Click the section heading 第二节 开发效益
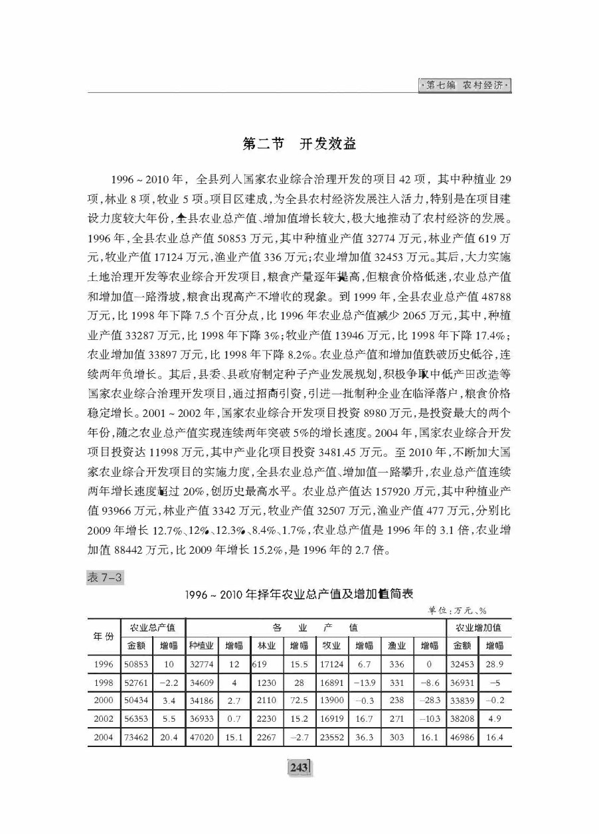(299, 143)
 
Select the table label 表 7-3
(106, 578)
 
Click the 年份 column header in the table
(102, 635)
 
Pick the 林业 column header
(266, 645)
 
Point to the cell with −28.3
(430, 699)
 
